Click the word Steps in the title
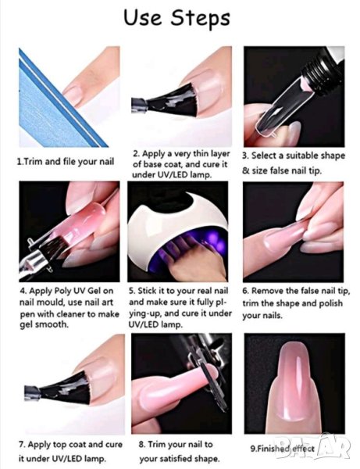tap(200, 18)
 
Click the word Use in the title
tap(142, 17)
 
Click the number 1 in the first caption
tap(19, 162)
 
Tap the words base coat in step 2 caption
tap(163, 164)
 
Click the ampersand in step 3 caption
tap(245, 170)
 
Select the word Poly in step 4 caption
tap(61, 291)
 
